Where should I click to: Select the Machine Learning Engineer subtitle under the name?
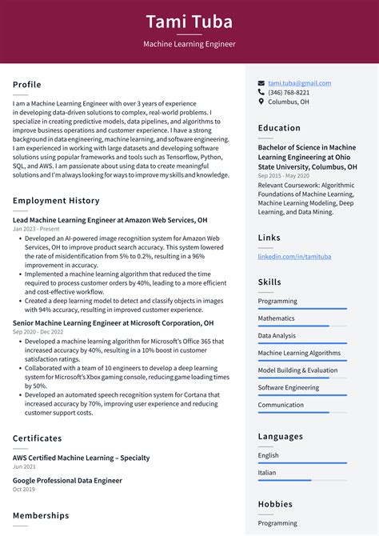click(x=189, y=44)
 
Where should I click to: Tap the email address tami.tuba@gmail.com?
click(x=299, y=83)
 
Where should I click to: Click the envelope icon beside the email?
click(x=261, y=83)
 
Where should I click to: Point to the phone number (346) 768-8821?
click(x=289, y=93)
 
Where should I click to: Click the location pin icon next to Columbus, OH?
click(x=261, y=102)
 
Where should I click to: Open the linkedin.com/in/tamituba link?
click(x=294, y=256)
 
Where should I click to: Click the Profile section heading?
click(x=27, y=85)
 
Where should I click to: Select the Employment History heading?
click(x=56, y=201)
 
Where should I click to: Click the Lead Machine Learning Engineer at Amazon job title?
click(x=110, y=219)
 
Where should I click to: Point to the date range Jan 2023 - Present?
click(x=37, y=229)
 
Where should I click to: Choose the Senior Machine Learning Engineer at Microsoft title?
click(x=114, y=323)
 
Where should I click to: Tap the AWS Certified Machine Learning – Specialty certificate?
click(x=82, y=458)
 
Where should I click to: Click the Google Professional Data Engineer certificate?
click(x=68, y=481)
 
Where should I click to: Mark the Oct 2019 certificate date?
click(x=24, y=490)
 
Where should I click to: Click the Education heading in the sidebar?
click(x=279, y=128)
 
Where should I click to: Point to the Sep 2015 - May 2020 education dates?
click(x=284, y=175)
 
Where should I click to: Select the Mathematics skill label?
click(x=277, y=318)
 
